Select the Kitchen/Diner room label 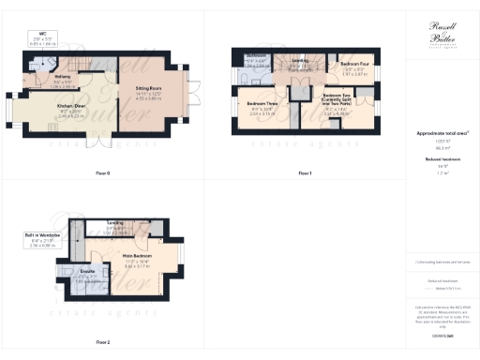tap(45, 108)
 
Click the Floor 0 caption tap(102, 173)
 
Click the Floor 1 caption tap(304, 173)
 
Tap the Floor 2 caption tap(102, 342)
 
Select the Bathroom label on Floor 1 tap(257, 56)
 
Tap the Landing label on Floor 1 tap(300, 62)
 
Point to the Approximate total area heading tap(441, 134)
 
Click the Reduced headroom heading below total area tap(441, 159)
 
